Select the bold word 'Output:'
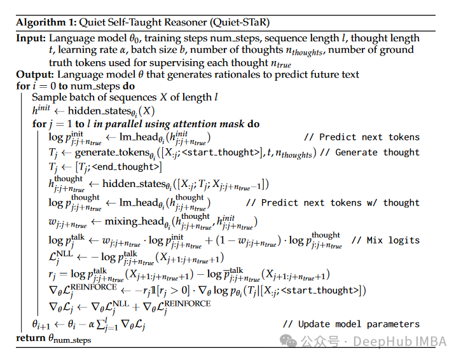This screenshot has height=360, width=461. (x=34, y=74)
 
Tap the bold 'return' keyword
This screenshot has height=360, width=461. (x=31, y=338)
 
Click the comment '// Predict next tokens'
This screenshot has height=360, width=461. (x=362, y=137)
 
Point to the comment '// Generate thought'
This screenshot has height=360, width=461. (x=369, y=153)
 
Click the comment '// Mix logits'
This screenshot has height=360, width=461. (x=385, y=240)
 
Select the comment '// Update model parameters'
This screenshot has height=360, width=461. (x=350, y=324)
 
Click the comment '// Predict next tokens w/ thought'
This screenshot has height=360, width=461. (x=333, y=202)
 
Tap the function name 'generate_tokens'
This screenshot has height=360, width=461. (x=110, y=153)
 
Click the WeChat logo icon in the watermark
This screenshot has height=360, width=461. (x=290, y=342)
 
